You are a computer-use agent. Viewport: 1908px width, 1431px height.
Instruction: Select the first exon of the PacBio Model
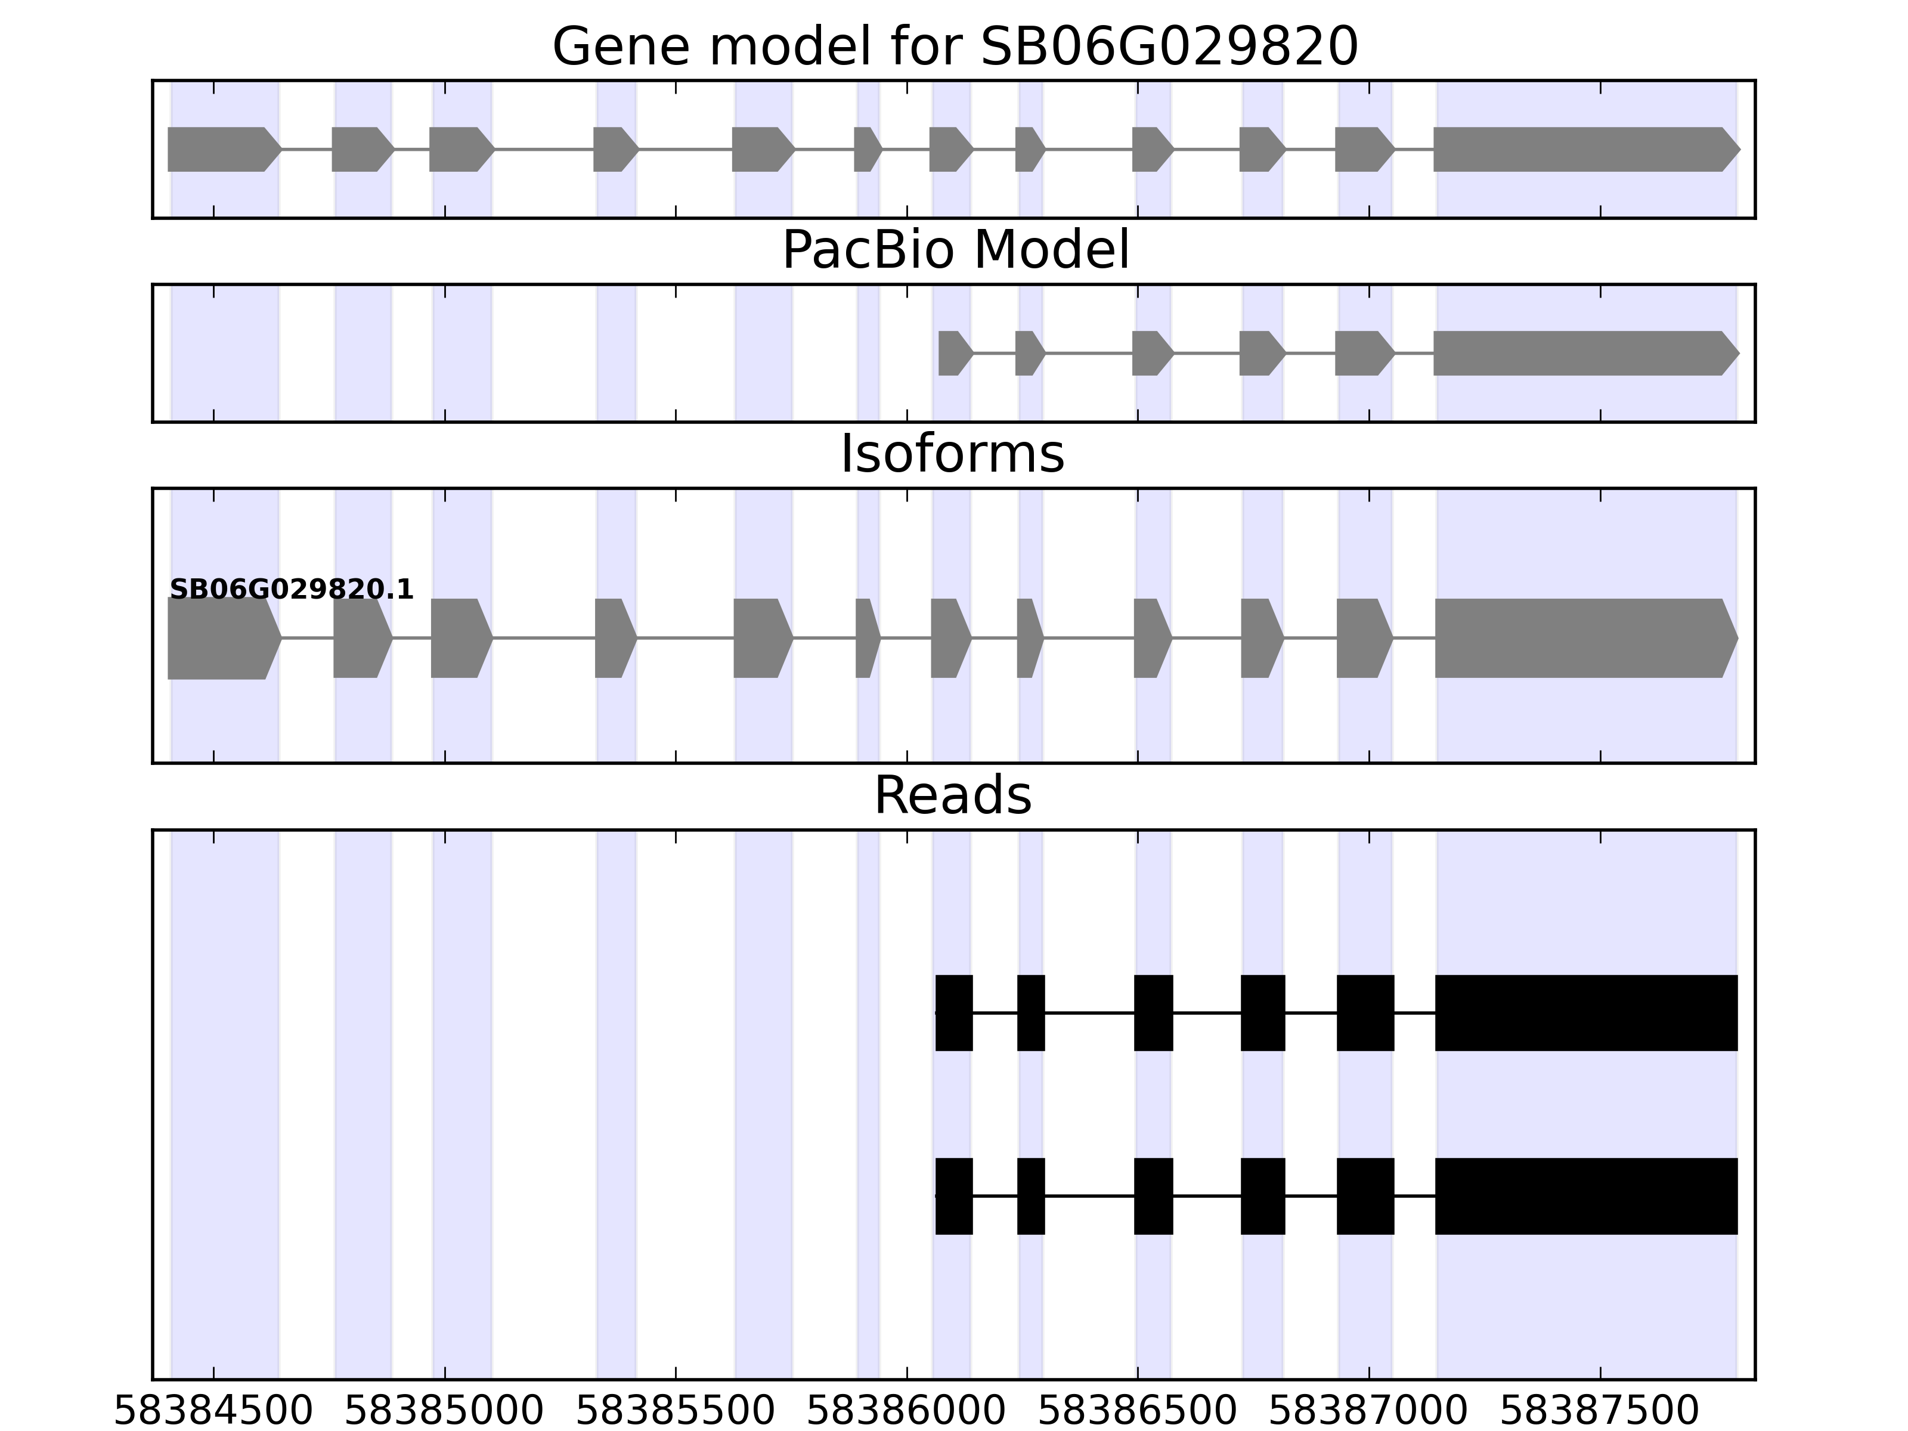(x=954, y=353)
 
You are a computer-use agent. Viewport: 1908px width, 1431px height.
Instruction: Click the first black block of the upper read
(x=954, y=1012)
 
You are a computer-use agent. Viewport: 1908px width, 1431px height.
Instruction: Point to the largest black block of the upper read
(x=1585, y=1012)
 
